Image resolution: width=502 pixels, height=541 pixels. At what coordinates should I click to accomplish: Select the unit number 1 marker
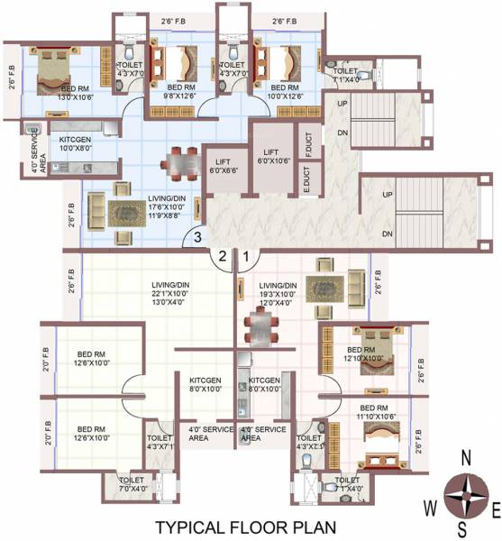tap(244, 257)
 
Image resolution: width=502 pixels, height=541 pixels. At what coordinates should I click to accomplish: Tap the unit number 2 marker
tap(219, 257)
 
